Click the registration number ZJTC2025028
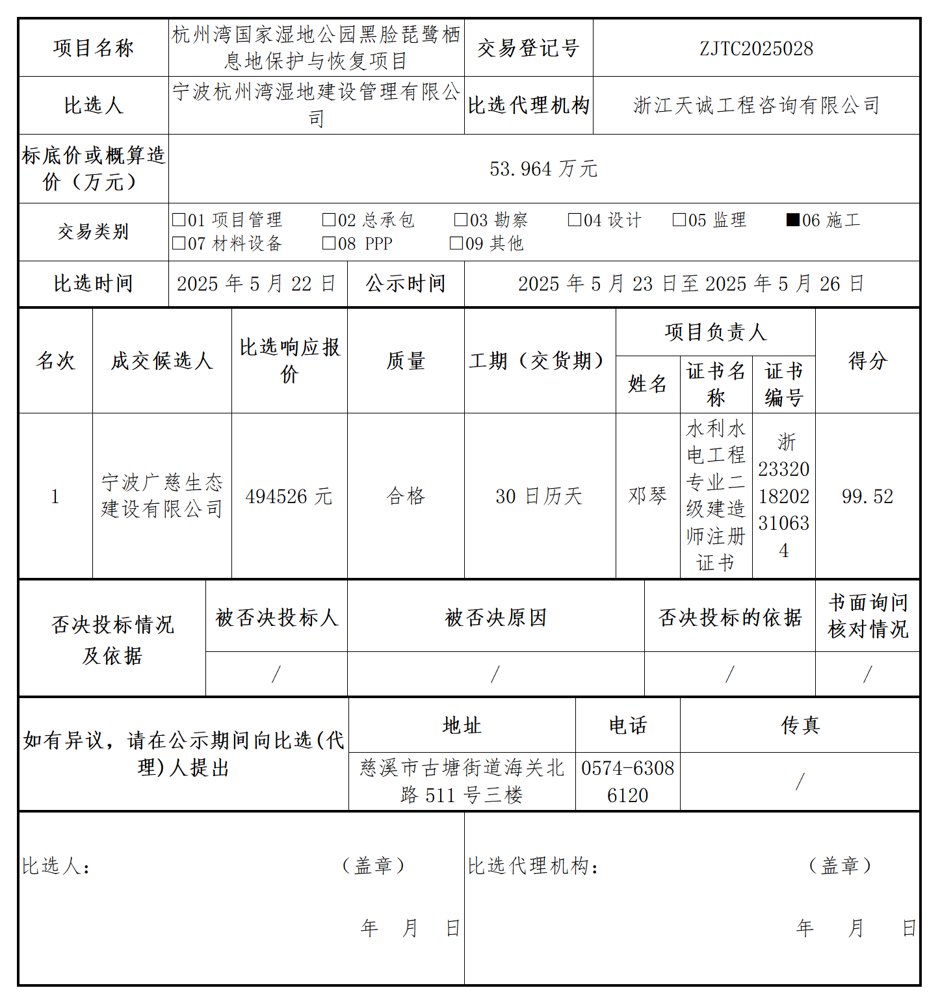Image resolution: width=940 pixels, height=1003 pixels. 756,49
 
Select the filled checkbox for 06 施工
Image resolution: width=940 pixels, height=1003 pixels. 792,220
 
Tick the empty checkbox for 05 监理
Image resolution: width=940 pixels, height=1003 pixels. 679,220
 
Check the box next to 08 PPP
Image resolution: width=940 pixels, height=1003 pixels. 328,243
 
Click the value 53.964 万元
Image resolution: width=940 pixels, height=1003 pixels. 543,169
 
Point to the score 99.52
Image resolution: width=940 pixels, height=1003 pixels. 867,497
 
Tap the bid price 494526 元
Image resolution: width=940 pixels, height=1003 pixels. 289,497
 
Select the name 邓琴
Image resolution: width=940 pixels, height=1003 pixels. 647,496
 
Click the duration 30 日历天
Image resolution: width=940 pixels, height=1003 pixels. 539,497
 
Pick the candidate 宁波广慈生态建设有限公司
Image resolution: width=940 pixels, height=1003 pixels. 162,496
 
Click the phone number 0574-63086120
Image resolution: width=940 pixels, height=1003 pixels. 627,781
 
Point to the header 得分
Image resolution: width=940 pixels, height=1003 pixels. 867,361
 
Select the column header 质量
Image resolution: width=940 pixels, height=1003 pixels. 406,361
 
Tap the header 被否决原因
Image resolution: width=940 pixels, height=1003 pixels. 495,618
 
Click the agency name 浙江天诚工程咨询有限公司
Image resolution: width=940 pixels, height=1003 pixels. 756,105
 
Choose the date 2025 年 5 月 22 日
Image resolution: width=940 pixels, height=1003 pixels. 257,284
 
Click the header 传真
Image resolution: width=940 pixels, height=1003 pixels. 800,725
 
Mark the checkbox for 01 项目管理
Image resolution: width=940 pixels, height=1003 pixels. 178,220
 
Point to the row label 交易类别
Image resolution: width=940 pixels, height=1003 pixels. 94,232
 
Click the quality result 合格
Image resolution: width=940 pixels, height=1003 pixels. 406,497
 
